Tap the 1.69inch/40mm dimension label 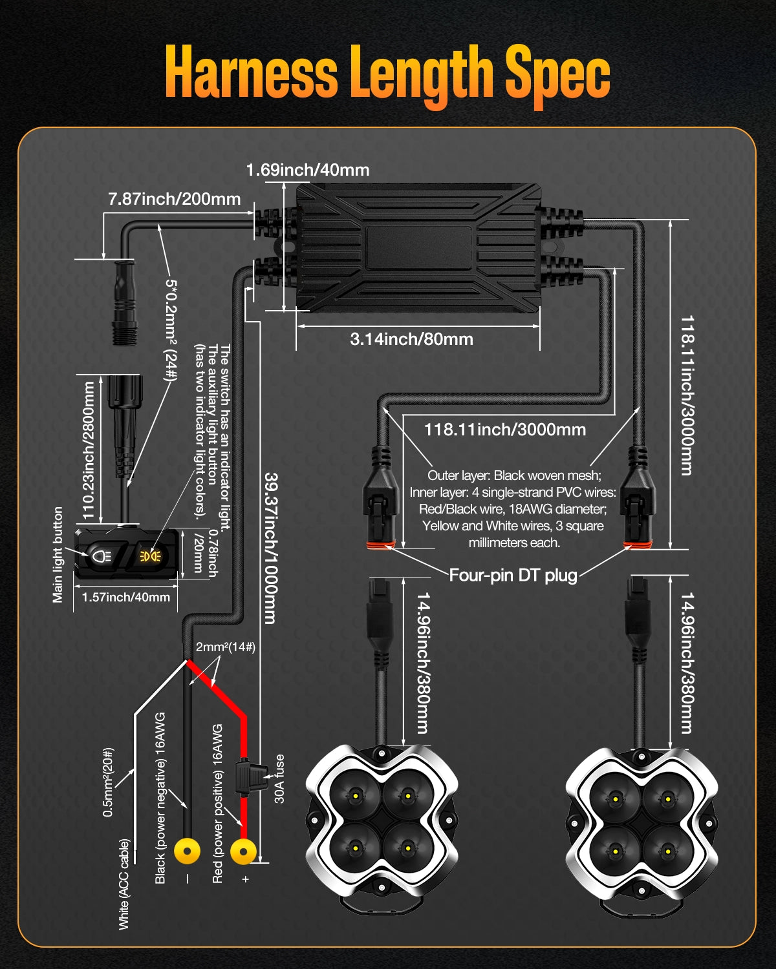coord(308,170)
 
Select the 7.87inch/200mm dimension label coord(175,199)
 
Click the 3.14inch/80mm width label coord(411,339)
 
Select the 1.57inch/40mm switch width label coord(125,598)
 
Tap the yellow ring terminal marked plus coord(243,851)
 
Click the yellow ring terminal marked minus coord(187,851)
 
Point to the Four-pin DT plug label coord(513,575)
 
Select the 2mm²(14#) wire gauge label coord(225,647)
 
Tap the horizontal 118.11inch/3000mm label coord(505,430)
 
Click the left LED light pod coord(382,820)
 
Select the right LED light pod coord(641,820)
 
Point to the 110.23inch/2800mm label coord(89,450)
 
